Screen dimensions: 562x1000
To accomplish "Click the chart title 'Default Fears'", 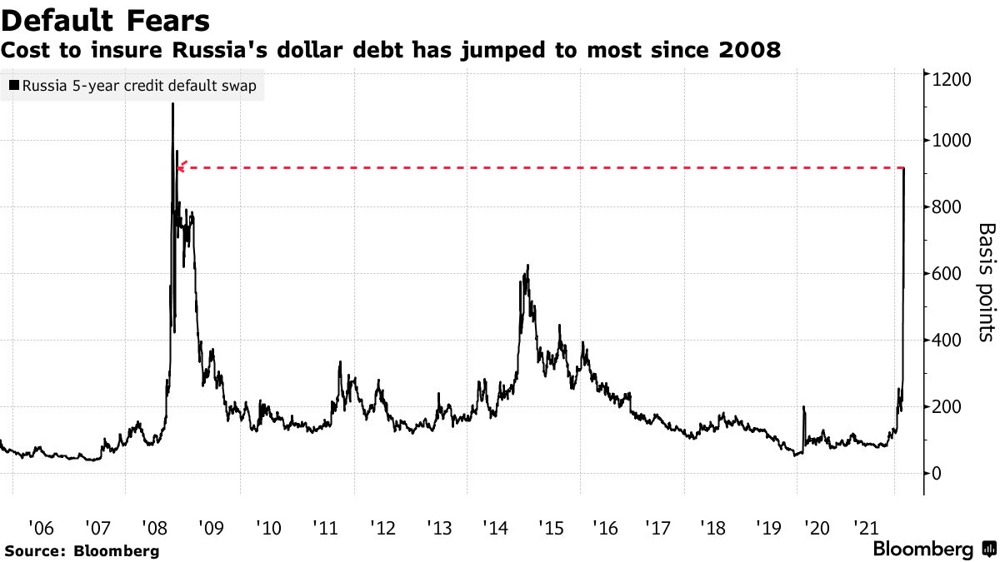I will point(105,18).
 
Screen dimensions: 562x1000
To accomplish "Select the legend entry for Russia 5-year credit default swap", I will point(133,86).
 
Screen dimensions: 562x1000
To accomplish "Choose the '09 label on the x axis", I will point(212,528).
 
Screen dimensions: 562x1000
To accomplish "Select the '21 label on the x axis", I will point(867,528).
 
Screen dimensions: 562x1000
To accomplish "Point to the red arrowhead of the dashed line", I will point(182,167).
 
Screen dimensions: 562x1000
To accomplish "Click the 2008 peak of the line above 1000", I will point(172,104).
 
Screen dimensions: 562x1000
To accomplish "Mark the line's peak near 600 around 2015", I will point(527,266).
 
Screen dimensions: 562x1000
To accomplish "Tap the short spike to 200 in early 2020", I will point(803,407).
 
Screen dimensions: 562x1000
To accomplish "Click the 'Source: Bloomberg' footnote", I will point(81,550).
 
